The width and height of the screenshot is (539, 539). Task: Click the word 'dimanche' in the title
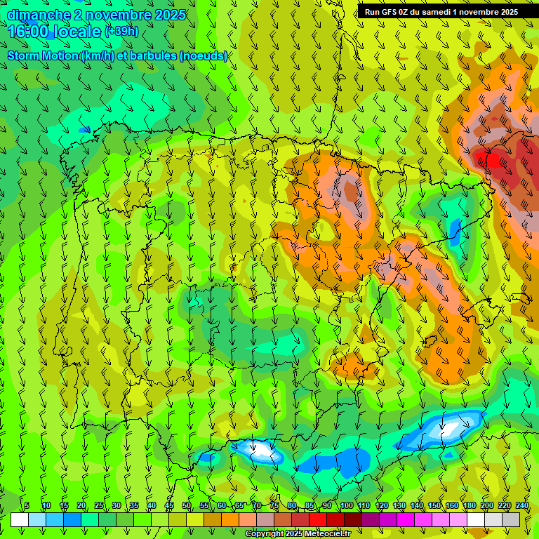(x=39, y=15)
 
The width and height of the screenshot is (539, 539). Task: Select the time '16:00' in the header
(x=28, y=32)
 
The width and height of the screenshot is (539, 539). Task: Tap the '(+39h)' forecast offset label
(x=121, y=32)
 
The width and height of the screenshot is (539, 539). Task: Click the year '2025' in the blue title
(x=170, y=15)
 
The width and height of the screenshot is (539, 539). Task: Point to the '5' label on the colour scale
(x=27, y=505)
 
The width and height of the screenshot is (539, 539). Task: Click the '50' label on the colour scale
(x=187, y=505)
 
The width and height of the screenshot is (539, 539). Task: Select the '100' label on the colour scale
(x=346, y=505)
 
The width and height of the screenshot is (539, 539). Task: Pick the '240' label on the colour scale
(x=522, y=505)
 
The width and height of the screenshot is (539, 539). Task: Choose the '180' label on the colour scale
(x=470, y=505)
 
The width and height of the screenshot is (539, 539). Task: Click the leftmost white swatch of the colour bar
(x=20, y=519)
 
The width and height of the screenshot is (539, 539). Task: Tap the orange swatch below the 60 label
(x=230, y=519)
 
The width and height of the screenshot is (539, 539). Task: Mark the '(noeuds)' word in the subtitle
(x=204, y=56)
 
